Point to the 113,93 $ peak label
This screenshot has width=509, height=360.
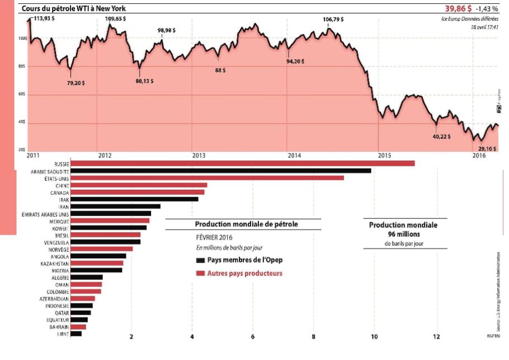(45, 18)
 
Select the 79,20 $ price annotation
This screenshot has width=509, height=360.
(77, 83)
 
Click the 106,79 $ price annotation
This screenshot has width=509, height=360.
(333, 19)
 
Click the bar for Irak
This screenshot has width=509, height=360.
(134, 199)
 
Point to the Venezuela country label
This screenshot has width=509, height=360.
(55, 242)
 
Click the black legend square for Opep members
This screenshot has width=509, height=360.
(200, 260)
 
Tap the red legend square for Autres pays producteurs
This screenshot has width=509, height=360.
(200, 273)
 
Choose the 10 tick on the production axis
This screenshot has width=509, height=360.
(374, 337)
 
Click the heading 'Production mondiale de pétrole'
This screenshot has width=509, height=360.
(247, 224)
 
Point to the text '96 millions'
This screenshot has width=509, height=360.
(403, 234)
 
